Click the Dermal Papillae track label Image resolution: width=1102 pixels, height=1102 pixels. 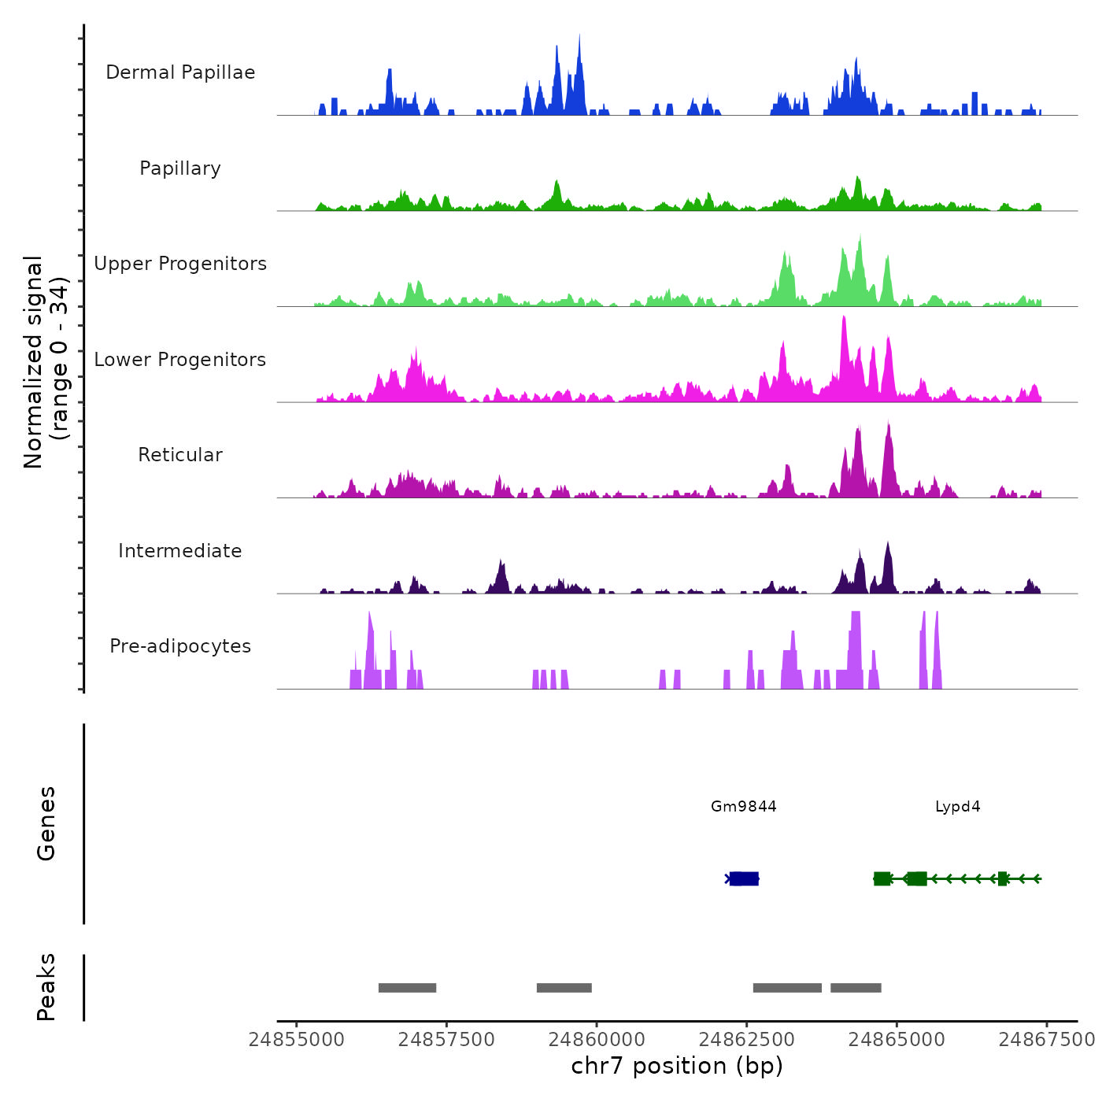coord(180,72)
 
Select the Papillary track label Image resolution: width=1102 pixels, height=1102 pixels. coord(180,168)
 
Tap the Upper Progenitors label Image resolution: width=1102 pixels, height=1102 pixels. coord(180,264)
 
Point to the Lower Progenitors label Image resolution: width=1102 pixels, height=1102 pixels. coord(180,360)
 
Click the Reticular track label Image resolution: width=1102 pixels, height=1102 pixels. coord(180,455)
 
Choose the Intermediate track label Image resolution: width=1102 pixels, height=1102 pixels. coord(180,551)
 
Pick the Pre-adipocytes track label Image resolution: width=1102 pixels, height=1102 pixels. coord(180,646)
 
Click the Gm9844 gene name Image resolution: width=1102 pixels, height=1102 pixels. coord(743,806)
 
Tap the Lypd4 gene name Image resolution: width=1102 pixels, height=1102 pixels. coord(957,806)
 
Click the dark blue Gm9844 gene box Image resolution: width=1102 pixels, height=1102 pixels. coord(743,878)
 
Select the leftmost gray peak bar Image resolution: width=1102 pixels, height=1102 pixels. coord(407,988)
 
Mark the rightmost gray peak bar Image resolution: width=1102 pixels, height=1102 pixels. coord(856,988)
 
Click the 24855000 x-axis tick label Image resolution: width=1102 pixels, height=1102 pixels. coord(297,1040)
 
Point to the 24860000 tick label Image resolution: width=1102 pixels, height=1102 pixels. coord(597,1040)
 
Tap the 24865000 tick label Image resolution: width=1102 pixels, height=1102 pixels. coord(897,1040)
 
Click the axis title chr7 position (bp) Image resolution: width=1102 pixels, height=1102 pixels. coord(677,1066)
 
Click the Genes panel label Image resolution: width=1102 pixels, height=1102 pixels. coord(46,823)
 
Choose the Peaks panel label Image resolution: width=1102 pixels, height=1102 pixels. coord(46,987)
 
